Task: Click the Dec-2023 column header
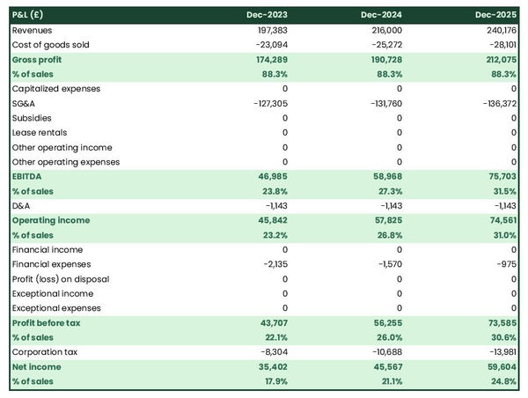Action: click(x=268, y=15)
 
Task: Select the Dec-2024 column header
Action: click(x=382, y=15)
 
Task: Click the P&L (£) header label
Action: click(x=31, y=15)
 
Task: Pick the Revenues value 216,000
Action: click(x=384, y=30)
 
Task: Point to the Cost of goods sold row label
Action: click(x=51, y=44)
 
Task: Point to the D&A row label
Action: click(x=22, y=205)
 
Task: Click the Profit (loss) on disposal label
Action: click(x=61, y=279)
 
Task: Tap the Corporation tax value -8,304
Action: click(x=272, y=352)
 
